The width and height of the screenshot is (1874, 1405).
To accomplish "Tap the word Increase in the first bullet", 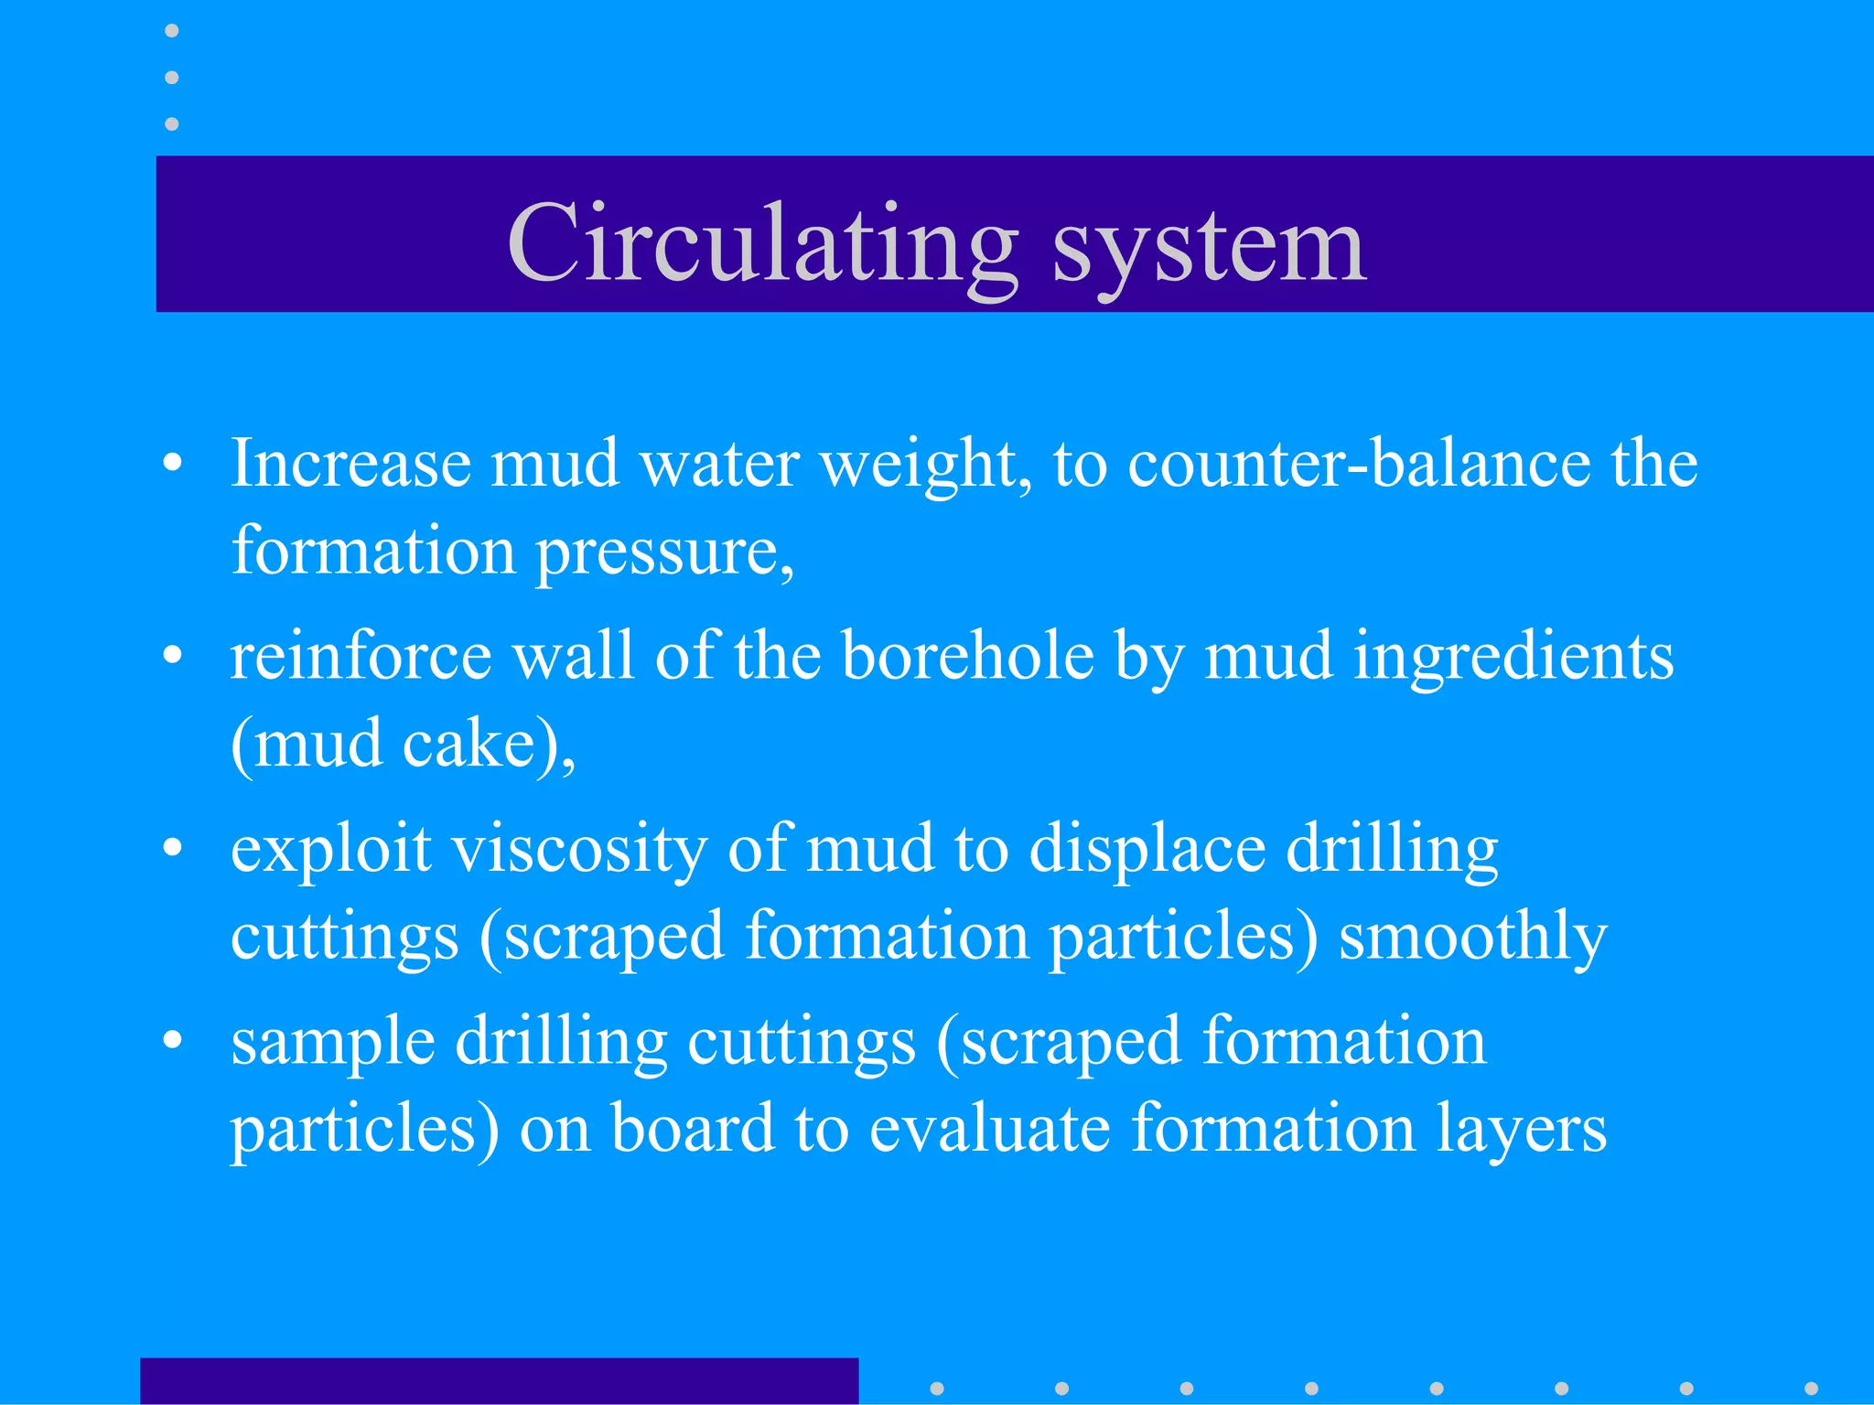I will tap(350, 464).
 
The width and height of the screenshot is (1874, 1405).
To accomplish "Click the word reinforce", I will tap(361, 656).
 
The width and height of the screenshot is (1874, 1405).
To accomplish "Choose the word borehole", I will tap(967, 656).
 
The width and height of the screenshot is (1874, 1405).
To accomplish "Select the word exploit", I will tap(330, 850).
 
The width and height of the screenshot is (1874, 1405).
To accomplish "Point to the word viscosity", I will tap(580, 850).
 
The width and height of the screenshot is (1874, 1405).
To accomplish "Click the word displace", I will tap(1147, 850).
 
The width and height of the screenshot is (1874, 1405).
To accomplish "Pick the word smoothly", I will tap(1472, 938).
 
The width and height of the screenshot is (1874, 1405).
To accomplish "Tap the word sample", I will tap(333, 1043).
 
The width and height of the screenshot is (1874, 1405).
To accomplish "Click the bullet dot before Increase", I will tap(172, 464).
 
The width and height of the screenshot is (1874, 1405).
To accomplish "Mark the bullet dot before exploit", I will tap(172, 848).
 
